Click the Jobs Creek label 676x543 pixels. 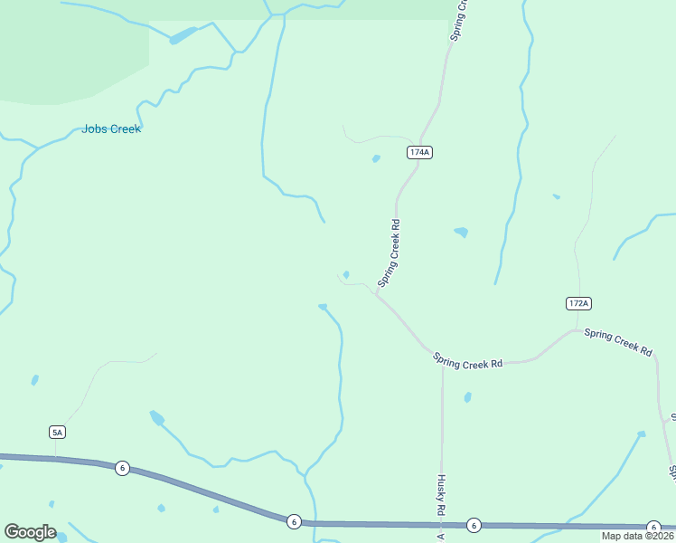(x=111, y=129)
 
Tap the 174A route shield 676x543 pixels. (x=418, y=152)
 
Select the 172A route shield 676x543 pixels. (x=578, y=303)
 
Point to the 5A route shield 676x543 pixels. (x=58, y=433)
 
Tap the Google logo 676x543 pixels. (x=30, y=532)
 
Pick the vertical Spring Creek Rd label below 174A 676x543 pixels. (x=389, y=252)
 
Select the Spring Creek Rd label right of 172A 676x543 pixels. (x=618, y=340)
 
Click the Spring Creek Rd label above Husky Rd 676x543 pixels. (x=467, y=362)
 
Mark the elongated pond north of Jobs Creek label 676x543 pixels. (x=182, y=36)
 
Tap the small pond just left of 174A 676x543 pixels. (x=376, y=159)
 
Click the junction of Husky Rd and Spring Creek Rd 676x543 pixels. (x=442, y=363)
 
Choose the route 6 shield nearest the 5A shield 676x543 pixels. (x=122, y=468)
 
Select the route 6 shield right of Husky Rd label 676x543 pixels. (x=473, y=525)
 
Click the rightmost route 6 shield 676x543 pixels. (x=653, y=527)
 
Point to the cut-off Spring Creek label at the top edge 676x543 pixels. (x=459, y=18)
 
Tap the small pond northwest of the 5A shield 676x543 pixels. (x=35, y=380)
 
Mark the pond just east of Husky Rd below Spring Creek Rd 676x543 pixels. (x=467, y=397)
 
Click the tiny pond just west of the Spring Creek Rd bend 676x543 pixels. (x=346, y=275)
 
